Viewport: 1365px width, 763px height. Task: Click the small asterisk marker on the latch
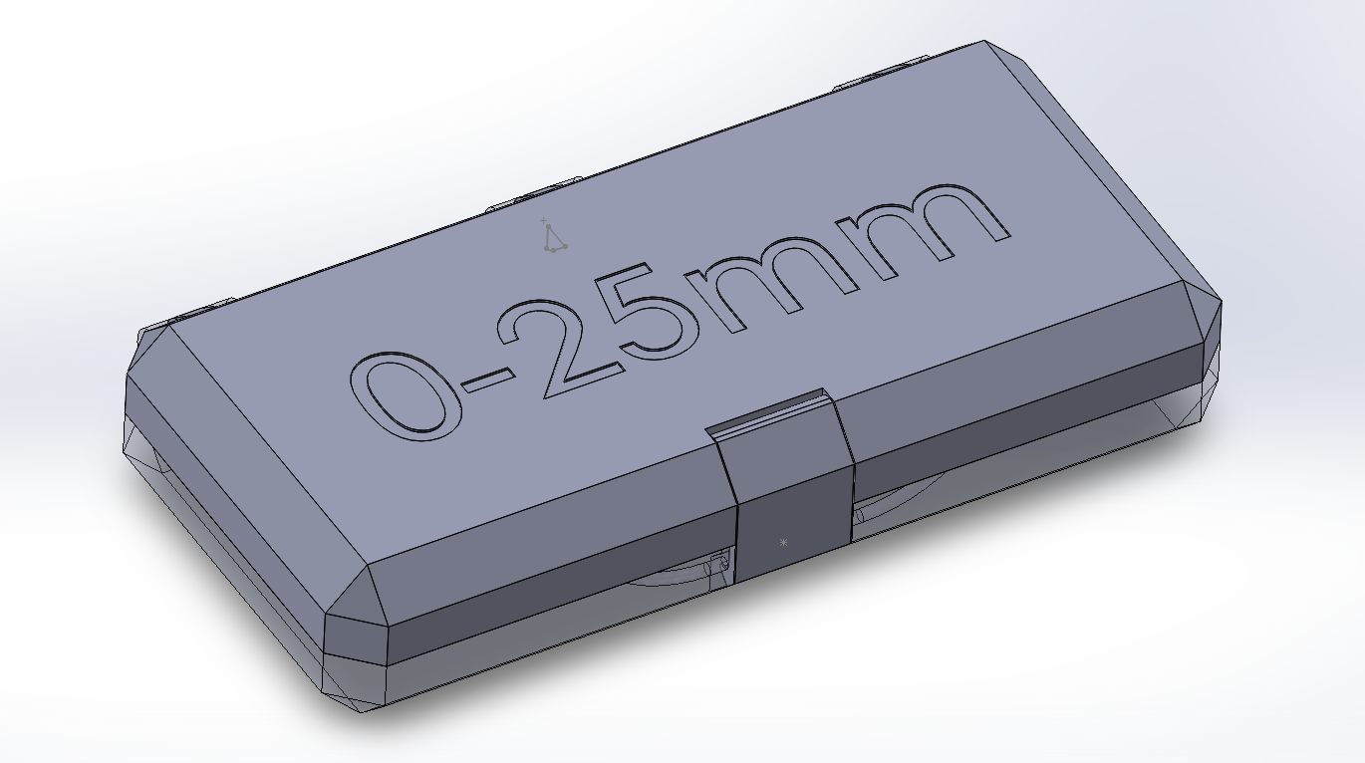coord(783,543)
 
